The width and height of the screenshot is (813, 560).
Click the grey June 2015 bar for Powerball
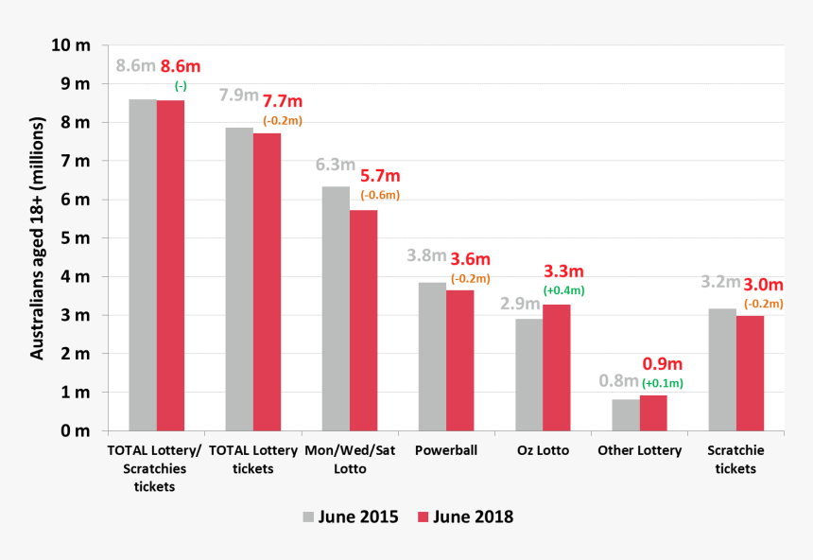(432, 357)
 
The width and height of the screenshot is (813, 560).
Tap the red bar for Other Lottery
(653, 412)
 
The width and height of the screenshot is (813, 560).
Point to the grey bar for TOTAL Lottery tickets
(239, 279)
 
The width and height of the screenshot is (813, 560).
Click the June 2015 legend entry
(351, 517)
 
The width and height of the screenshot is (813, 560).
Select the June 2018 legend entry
(465, 517)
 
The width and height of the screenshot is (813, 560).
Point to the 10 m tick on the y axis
(72, 45)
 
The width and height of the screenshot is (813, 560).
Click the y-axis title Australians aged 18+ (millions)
(38, 238)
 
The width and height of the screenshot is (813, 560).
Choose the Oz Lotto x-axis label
(543, 451)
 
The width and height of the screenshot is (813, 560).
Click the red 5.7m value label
(379, 177)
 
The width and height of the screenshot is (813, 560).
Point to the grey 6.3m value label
(335, 165)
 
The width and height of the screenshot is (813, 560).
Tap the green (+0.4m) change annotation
(564, 290)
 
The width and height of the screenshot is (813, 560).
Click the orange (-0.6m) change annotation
(380, 196)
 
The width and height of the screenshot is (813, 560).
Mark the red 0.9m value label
(662, 364)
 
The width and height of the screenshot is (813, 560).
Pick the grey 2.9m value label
(520, 304)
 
